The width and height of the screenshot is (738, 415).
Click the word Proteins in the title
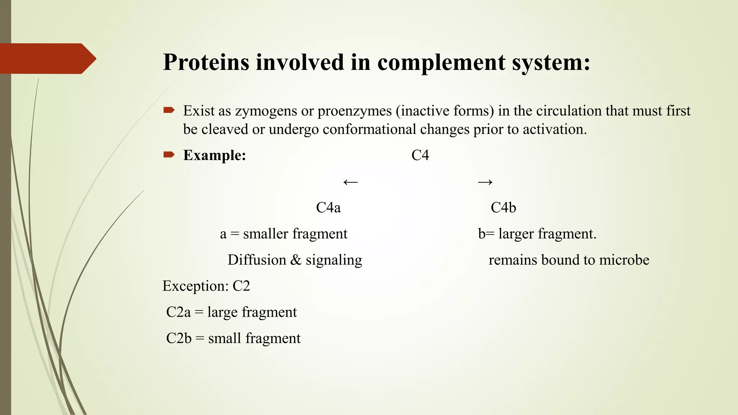coord(206,62)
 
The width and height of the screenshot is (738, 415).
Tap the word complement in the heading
coord(441,62)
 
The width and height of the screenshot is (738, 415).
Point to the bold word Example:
coord(214,155)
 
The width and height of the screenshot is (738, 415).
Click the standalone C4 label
coord(420,155)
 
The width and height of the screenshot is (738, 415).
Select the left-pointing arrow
coord(350,182)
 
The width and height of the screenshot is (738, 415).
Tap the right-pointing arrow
coord(485,182)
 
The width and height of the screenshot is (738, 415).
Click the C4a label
coord(328,208)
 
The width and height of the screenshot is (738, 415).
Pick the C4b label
coord(503,208)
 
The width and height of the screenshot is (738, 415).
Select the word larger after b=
coord(516,234)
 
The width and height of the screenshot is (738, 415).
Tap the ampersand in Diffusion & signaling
coord(295,260)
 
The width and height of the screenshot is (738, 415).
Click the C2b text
coord(179,339)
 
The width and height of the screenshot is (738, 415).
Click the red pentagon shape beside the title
coord(47,59)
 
